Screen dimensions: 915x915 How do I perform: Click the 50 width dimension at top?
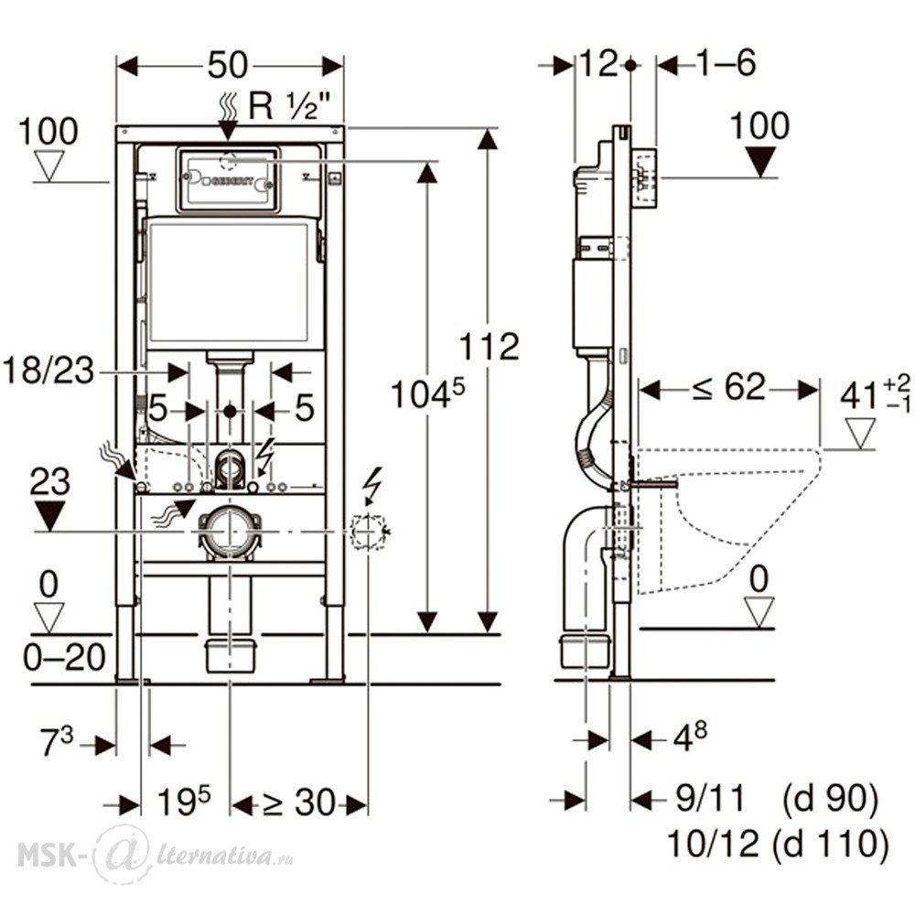pos(228,67)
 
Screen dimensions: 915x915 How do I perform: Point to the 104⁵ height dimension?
pos(426,395)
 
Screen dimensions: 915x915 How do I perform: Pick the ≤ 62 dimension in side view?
pos(728,388)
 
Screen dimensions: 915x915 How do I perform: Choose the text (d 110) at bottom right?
pos(830,845)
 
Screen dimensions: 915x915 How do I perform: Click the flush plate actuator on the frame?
pos(228,179)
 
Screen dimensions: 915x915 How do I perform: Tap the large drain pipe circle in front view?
pos(228,531)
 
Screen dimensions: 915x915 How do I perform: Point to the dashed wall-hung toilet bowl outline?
pos(732,512)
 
